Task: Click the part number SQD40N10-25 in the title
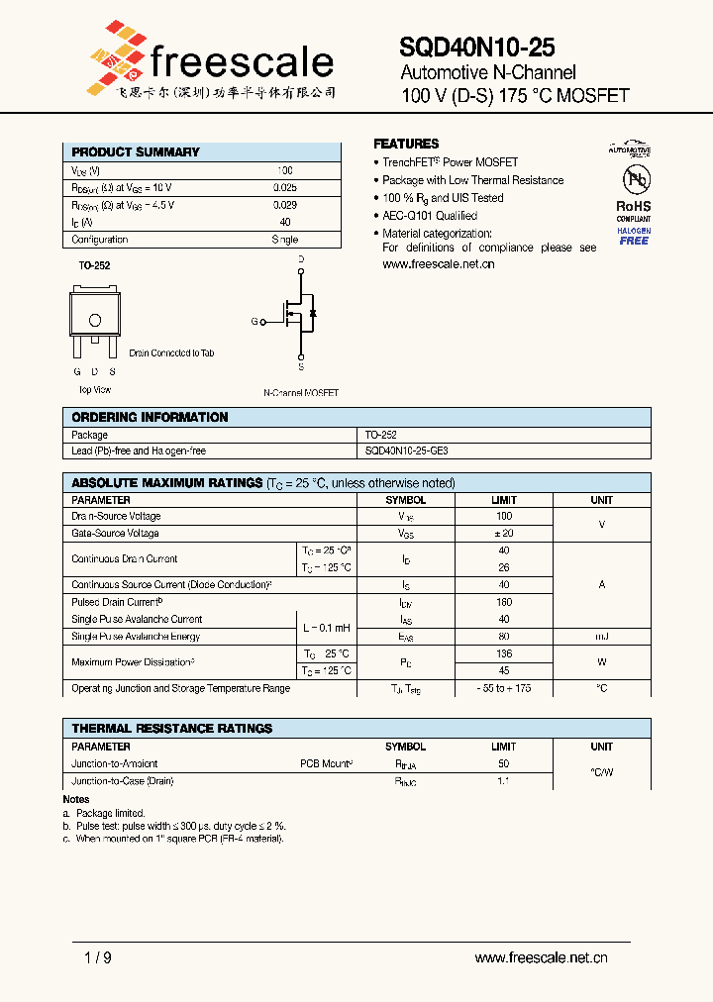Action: coord(476,47)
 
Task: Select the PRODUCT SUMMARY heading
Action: coord(136,152)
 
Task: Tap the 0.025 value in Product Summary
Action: coord(284,187)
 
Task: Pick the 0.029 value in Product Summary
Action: coord(284,205)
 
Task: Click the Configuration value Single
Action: coord(284,240)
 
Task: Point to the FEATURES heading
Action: coord(406,144)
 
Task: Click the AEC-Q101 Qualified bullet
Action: coord(429,216)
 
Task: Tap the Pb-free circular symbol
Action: coord(634,179)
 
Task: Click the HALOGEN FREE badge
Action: coord(634,236)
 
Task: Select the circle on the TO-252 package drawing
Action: coord(95,320)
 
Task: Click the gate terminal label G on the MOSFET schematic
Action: coord(255,322)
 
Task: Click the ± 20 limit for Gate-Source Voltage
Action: coord(503,534)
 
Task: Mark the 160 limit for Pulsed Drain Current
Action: coord(503,602)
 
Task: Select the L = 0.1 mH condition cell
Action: coord(327,628)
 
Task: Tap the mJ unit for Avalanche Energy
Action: coord(601,637)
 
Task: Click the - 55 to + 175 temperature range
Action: coord(503,688)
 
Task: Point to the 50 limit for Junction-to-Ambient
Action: coord(503,764)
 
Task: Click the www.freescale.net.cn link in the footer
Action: coord(541,957)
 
